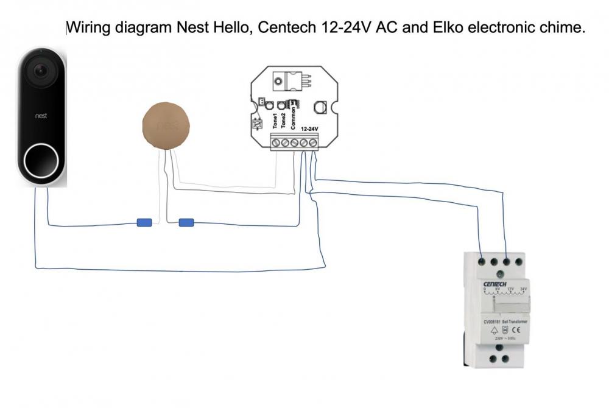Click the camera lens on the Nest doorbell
(x=41, y=71)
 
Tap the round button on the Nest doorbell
(x=41, y=160)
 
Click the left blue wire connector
(x=144, y=223)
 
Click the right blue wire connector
(x=186, y=223)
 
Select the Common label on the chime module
(x=294, y=115)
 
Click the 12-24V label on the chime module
(x=310, y=129)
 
